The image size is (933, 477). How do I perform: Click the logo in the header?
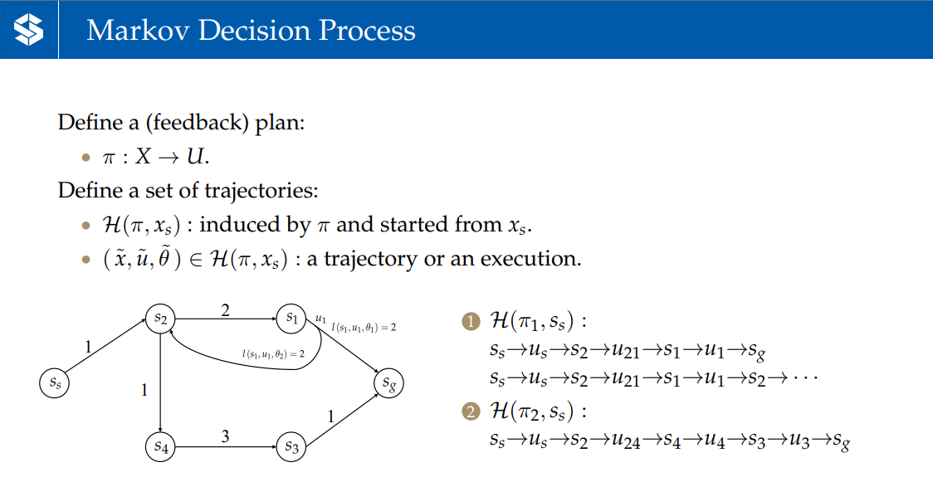pyautogui.click(x=28, y=30)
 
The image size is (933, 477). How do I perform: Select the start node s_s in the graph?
pyautogui.click(x=55, y=383)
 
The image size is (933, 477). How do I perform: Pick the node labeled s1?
pyautogui.click(x=291, y=317)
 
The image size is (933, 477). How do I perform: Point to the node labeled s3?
pyautogui.click(x=291, y=447)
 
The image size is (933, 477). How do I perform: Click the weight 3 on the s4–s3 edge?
pyautogui.click(x=225, y=434)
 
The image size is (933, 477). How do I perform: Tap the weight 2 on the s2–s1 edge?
pyautogui.click(x=224, y=310)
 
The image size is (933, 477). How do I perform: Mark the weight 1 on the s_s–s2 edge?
pyautogui.click(x=89, y=348)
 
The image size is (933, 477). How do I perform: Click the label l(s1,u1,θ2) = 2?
pyautogui.click(x=273, y=354)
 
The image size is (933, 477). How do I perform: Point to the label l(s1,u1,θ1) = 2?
pyautogui.click(x=364, y=328)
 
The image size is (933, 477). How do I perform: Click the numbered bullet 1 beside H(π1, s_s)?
pyautogui.click(x=471, y=321)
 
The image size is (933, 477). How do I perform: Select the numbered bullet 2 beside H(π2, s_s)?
pyautogui.click(x=471, y=411)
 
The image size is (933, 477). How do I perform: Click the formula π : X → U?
pyautogui.click(x=154, y=156)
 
